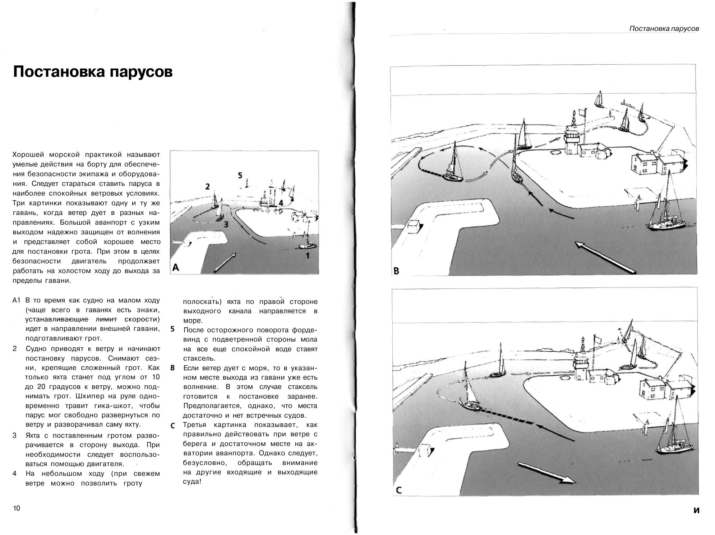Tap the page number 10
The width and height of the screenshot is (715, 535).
click(x=17, y=508)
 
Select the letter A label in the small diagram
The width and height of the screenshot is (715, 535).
click(x=176, y=267)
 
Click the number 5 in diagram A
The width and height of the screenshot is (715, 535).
click(x=240, y=175)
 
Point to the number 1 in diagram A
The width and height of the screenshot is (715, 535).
click(x=307, y=256)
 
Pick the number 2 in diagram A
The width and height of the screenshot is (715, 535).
click(x=207, y=187)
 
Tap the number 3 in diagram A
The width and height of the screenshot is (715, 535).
click(x=226, y=225)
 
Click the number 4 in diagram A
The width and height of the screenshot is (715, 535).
click(x=281, y=203)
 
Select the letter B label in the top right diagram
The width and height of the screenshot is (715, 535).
click(x=396, y=271)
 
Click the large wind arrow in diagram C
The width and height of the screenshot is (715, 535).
click(x=546, y=473)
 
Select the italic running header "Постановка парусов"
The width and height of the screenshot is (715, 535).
click(x=664, y=29)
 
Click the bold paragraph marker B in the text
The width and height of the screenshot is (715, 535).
click(x=172, y=368)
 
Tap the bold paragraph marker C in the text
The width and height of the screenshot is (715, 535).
click(x=172, y=426)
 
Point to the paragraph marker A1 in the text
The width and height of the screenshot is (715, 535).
click(x=17, y=300)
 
